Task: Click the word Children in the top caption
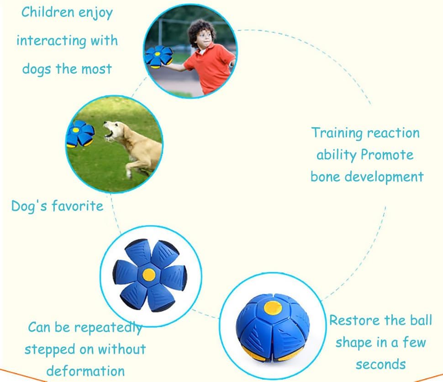pyautogui.click(x=48, y=12)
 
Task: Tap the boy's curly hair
pyautogui.click(x=201, y=31)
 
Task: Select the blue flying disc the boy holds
pyautogui.click(x=158, y=57)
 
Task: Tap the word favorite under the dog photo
pyautogui.click(x=78, y=206)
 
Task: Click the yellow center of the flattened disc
pyautogui.click(x=149, y=274)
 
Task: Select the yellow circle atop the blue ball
pyautogui.click(x=273, y=308)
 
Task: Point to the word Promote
pyautogui.click(x=387, y=155)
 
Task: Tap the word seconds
pyautogui.click(x=380, y=365)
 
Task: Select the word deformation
pyautogui.click(x=85, y=371)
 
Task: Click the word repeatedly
pyautogui.click(x=108, y=328)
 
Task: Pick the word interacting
pyautogui.click(x=51, y=41)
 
